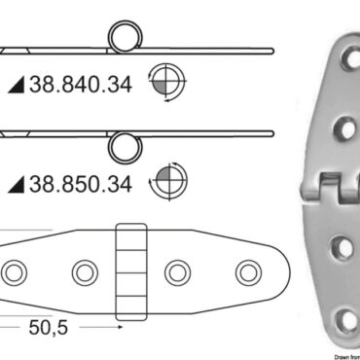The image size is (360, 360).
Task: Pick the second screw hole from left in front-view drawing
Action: click(82, 270)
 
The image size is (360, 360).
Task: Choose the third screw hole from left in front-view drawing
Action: click(177, 270)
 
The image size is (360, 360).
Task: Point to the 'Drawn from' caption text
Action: click(336, 355)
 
